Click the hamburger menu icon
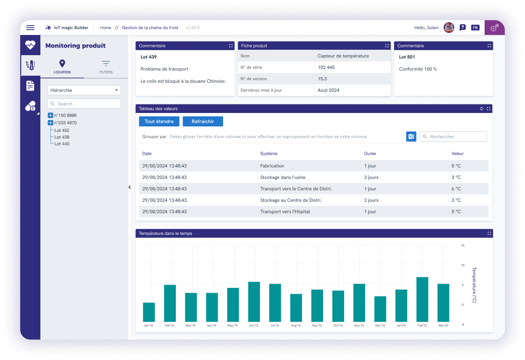[x=30, y=28]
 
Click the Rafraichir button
[x=203, y=121]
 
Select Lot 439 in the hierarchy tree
[x=62, y=137]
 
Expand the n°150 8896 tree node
[x=50, y=116]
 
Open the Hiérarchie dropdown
[x=84, y=90]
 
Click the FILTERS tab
[x=106, y=66]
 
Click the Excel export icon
[x=411, y=137]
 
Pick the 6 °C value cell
[x=456, y=189]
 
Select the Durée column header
[x=370, y=154]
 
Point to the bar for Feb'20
[x=422, y=299]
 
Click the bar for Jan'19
[x=149, y=312]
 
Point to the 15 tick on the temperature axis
[x=463, y=246]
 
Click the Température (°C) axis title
[x=474, y=285]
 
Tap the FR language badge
[x=475, y=28]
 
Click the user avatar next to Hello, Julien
[x=449, y=28]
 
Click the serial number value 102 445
[x=326, y=67]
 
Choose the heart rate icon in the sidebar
[x=30, y=44]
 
